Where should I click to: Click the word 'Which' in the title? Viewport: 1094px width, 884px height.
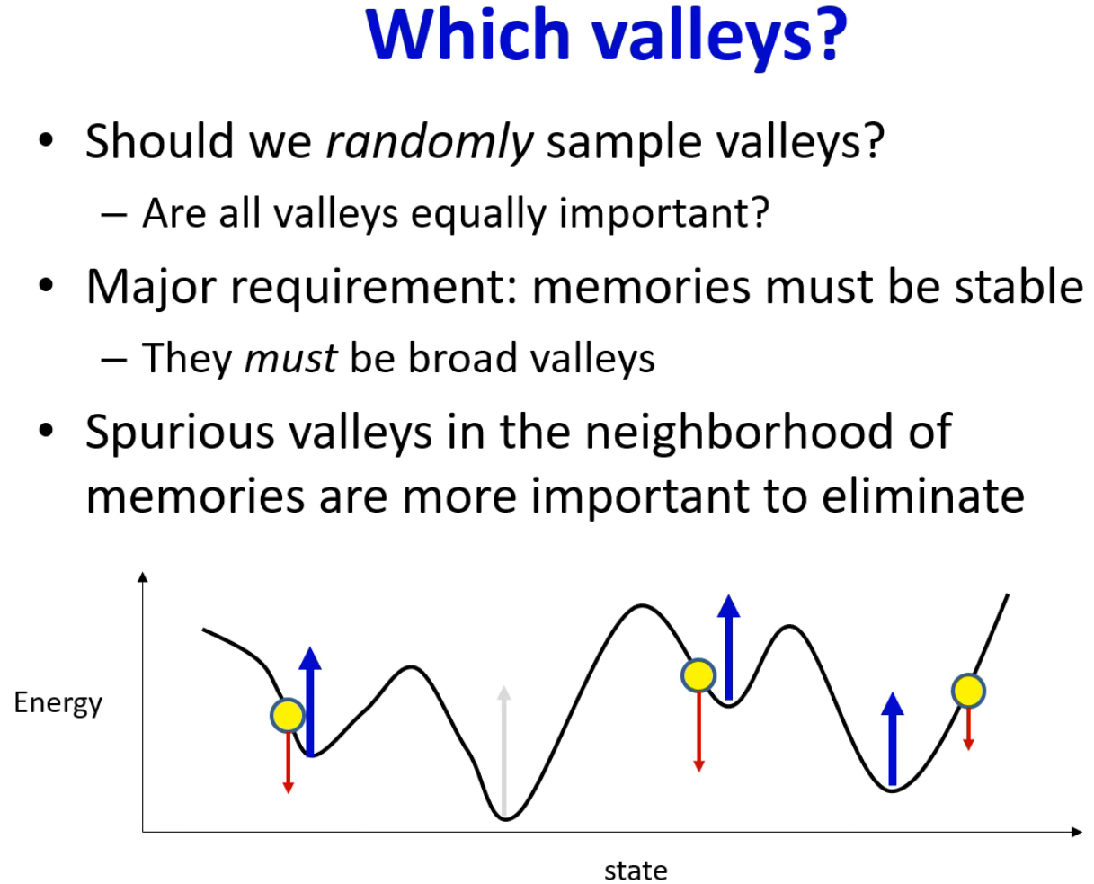(x=468, y=34)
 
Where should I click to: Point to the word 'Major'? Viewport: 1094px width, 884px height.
(x=152, y=288)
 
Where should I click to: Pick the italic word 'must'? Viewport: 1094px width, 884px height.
(x=290, y=358)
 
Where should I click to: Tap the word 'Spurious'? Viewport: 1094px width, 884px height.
(x=180, y=433)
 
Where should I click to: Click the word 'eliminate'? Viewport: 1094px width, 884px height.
(x=923, y=496)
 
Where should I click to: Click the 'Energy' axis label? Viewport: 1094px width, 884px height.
(x=58, y=704)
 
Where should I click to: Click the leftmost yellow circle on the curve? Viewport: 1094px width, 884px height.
(x=288, y=715)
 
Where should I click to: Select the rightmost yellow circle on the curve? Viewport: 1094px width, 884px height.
(x=968, y=691)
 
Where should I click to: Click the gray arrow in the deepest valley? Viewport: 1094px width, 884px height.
(x=504, y=751)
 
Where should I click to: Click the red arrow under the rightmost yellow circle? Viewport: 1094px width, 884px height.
(x=969, y=729)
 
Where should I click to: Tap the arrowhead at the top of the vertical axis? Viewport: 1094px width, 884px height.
(x=143, y=576)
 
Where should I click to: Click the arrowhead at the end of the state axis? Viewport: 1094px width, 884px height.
(x=1077, y=832)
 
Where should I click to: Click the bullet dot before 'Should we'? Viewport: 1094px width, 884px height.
(x=46, y=139)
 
